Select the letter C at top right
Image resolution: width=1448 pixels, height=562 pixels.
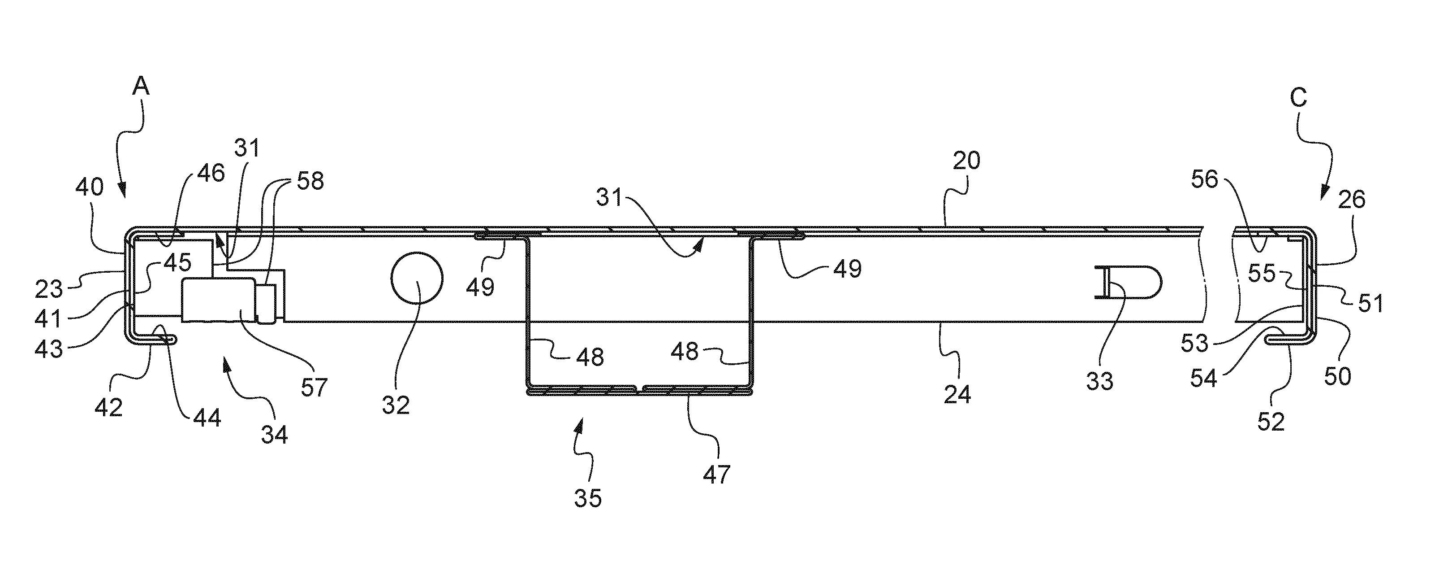pyautogui.click(x=1298, y=98)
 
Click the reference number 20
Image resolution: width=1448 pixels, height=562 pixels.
pyautogui.click(x=966, y=161)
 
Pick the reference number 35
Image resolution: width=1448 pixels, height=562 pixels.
pyautogui.click(x=588, y=498)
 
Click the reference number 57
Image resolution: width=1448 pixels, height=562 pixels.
pyautogui.click(x=314, y=388)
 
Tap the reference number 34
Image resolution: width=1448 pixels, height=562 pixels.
pyautogui.click(x=274, y=434)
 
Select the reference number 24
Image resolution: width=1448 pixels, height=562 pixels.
pyautogui.click(x=957, y=394)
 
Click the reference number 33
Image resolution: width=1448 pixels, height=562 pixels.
pyautogui.click(x=1099, y=381)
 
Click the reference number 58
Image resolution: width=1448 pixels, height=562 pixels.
pyautogui.click(x=310, y=181)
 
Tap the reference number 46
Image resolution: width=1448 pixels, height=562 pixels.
pyautogui.click(x=210, y=173)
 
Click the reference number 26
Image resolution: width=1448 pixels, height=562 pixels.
pyautogui.click(x=1351, y=199)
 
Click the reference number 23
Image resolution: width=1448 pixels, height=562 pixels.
pyautogui.click(x=49, y=290)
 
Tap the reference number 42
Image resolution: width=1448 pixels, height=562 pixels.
pyautogui.click(x=108, y=407)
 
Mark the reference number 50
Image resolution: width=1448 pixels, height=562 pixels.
pyautogui.click(x=1337, y=376)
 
